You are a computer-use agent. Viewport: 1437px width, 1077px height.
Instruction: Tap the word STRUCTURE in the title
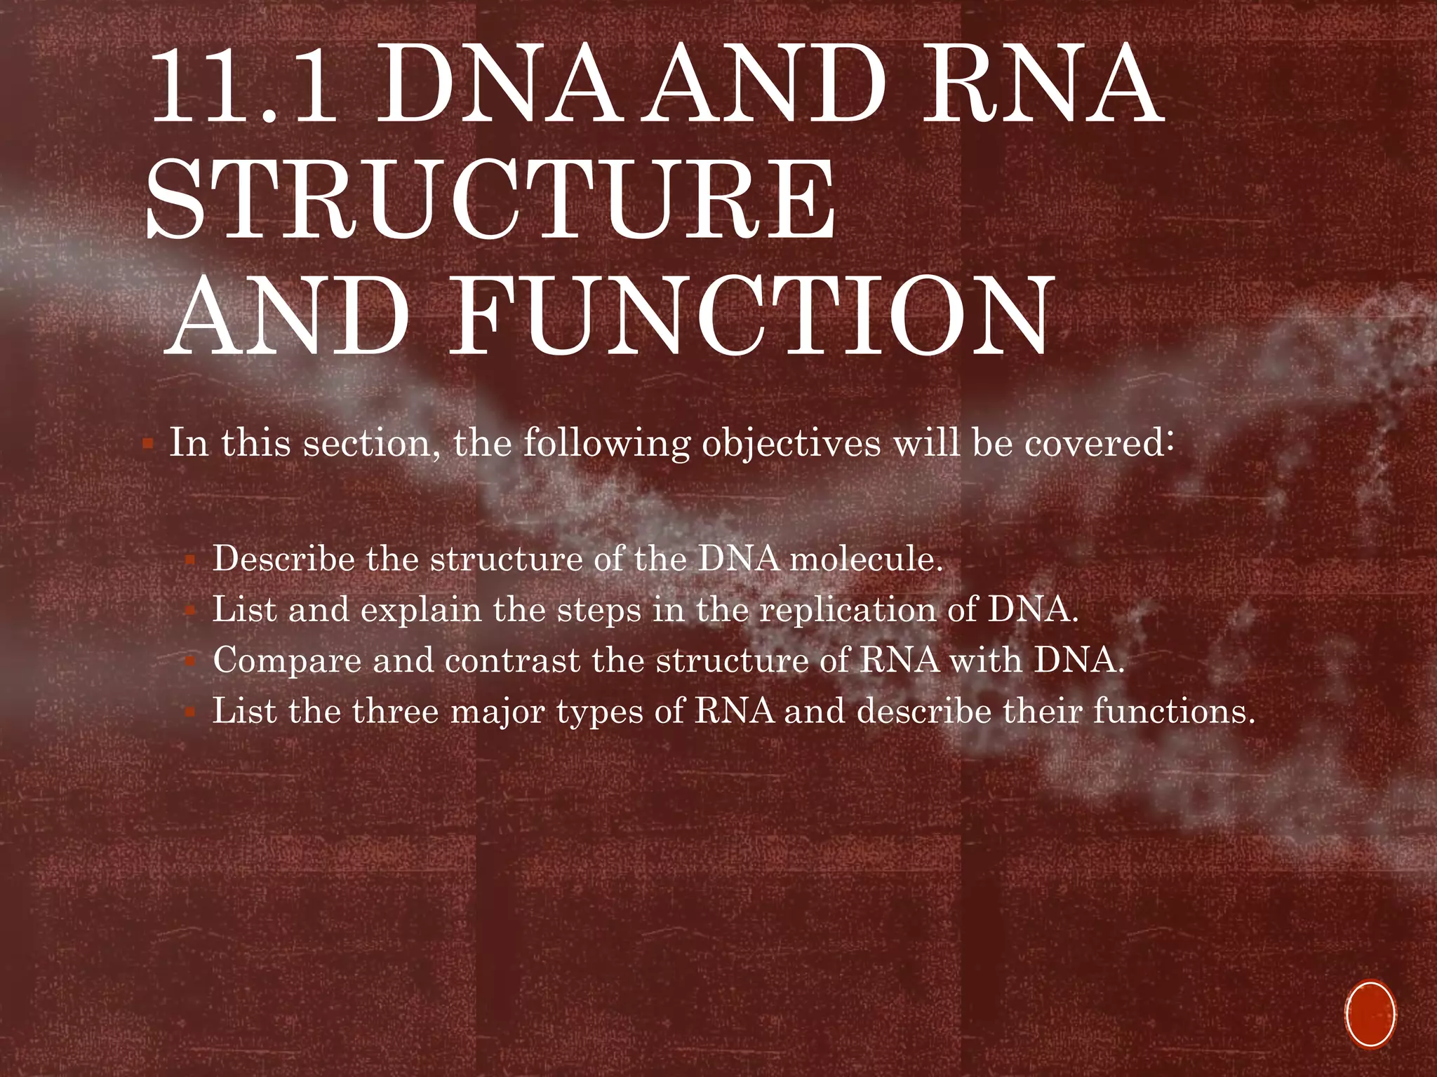coord(491,200)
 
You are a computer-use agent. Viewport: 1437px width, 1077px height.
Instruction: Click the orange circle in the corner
coord(1370,1013)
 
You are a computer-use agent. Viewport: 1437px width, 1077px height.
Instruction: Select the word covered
coord(1095,443)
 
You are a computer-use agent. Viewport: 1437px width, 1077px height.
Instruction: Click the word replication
coord(848,610)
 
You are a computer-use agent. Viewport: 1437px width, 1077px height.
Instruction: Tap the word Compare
coord(287,661)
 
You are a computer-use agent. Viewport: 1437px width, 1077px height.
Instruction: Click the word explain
coord(421,610)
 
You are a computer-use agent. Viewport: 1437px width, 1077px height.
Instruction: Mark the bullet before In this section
coord(148,445)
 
